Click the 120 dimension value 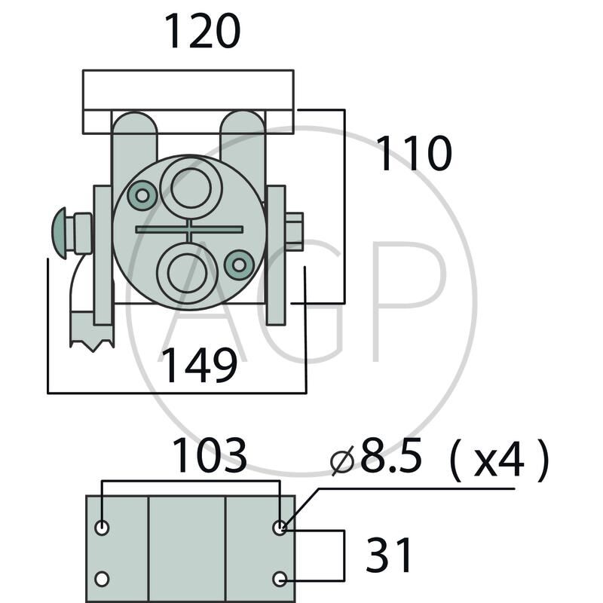point(203,31)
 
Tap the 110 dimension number point(414,153)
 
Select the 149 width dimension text point(199,366)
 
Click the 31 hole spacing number point(389,556)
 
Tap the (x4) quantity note point(499,460)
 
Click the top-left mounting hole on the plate point(102,527)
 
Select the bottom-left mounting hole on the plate point(102,579)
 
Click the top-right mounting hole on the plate point(280,527)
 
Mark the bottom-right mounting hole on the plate point(280,579)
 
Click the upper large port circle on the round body point(191,188)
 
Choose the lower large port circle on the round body point(188,273)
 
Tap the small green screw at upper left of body point(142,195)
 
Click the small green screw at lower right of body point(239,265)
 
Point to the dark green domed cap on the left point(60,234)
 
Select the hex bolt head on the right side point(294,231)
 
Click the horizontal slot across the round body point(189,230)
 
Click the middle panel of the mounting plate point(187,549)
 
